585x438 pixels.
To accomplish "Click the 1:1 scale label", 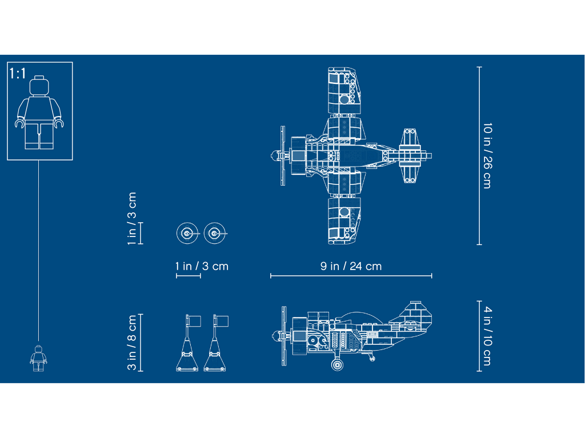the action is [x=18, y=74].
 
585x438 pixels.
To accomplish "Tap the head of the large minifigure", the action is [x=39, y=86].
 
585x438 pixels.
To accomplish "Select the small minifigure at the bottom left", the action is [x=38, y=358].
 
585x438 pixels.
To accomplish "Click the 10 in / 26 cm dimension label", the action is [x=487, y=155].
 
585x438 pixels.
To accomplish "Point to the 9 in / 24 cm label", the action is [x=351, y=266].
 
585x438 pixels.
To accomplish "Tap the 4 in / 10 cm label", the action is [x=487, y=336].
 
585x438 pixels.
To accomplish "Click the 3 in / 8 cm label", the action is [x=132, y=343].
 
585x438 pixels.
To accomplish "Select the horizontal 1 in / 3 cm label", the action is [x=202, y=266].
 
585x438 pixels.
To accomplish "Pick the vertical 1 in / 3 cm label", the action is [x=132, y=219].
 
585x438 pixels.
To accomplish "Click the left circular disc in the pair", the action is [x=187, y=234].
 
